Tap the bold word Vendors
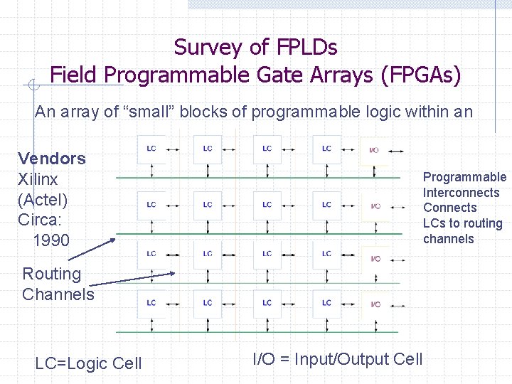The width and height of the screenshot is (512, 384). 52,159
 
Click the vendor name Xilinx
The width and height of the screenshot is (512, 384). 38,179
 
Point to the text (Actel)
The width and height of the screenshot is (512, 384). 43,199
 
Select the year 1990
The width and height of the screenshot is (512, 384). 51,240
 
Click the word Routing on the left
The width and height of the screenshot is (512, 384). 52,274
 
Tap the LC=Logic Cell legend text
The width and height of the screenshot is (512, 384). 88,363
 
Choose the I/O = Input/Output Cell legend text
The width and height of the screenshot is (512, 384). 338,359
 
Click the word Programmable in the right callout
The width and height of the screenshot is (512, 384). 465,177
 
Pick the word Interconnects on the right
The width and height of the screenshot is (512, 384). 462,193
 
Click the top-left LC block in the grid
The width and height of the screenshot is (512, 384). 151,149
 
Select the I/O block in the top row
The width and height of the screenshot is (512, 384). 374,150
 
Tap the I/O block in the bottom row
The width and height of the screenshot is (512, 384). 374,304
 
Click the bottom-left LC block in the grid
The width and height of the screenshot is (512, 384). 151,303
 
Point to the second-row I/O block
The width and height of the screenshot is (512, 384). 374,206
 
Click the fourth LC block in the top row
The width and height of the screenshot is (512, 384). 326,149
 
